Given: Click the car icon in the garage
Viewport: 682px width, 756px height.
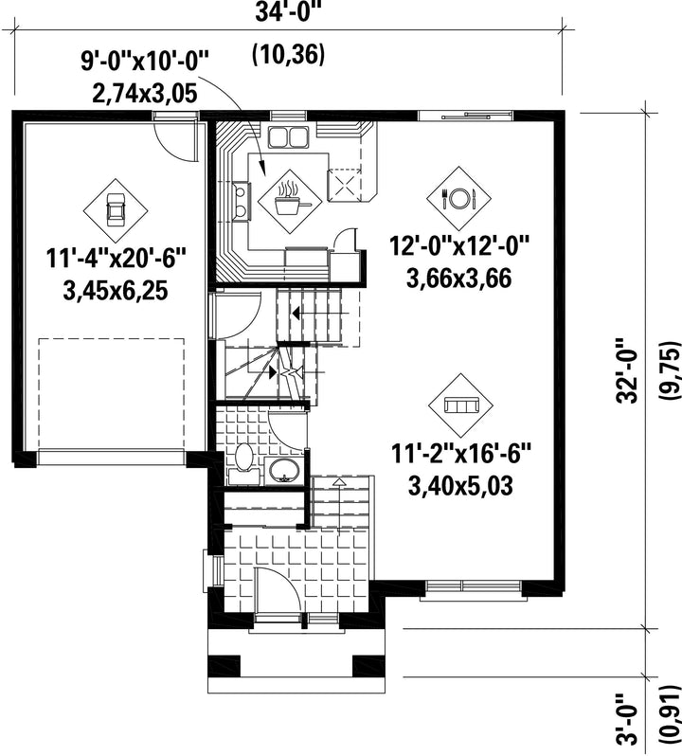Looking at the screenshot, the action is pos(116,210).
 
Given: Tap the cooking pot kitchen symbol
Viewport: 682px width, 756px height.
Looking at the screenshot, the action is pos(290,201).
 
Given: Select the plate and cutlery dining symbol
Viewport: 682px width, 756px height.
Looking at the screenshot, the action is pos(458,198).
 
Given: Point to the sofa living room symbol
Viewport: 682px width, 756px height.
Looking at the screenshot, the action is pos(460,405).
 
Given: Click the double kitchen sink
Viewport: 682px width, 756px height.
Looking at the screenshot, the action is pos(288,136).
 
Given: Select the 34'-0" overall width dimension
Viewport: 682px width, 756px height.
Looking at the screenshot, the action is pos(288,12).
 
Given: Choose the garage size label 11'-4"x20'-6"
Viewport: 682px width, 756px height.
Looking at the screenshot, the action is pos(116,258).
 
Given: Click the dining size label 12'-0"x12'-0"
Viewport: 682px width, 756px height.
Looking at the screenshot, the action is pos(459,246).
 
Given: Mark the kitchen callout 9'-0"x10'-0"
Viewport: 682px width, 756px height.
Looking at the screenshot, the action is pos(144,62).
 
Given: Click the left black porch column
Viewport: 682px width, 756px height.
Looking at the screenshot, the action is pos(224,666).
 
